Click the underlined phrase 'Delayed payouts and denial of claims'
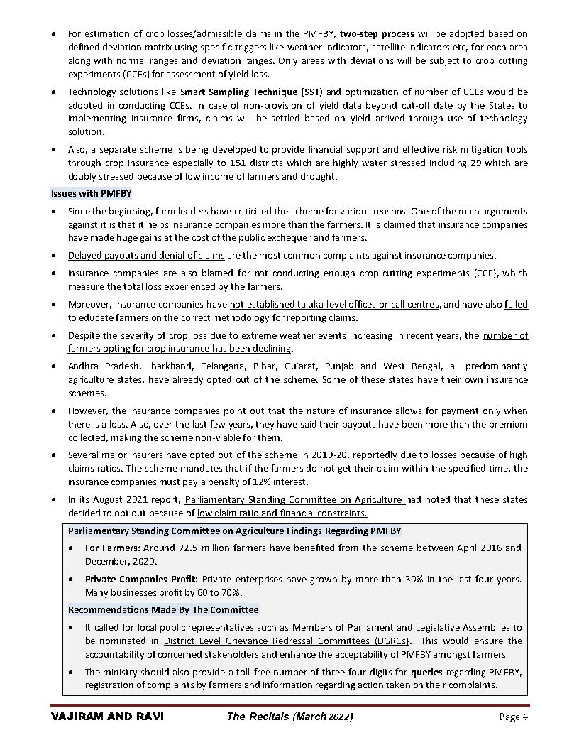click(146, 255)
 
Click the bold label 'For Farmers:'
click(112, 548)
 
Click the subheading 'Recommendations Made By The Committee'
click(163, 609)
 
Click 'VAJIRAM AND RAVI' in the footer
click(107, 717)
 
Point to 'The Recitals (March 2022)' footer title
click(289, 717)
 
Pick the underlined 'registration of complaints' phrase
click(139, 685)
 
